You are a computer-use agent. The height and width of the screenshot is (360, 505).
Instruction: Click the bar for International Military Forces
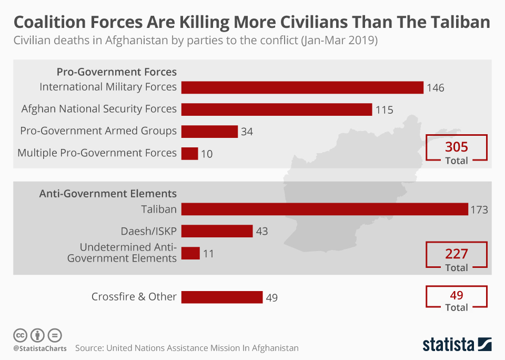(x=302, y=87)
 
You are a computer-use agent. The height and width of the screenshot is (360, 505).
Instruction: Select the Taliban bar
(x=325, y=209)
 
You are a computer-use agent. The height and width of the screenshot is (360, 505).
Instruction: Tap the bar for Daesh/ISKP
(x=217, y=231)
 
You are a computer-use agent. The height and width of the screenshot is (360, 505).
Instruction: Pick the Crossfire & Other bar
(x=221, y=297)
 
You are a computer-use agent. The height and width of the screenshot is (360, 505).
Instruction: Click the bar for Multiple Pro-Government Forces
(x=189, y=153)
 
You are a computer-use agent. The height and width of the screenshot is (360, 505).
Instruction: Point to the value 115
(x=385, y=110)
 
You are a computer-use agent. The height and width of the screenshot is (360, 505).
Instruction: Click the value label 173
(x=479, y=210)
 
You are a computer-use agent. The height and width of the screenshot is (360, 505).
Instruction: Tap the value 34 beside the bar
(x=247, y=132)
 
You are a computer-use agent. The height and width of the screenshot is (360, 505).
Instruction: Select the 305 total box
(x=456, y=148)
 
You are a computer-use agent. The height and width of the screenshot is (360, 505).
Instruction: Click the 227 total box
(x=456, y=256)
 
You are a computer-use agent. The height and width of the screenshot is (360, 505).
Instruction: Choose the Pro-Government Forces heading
(x=116, y=72)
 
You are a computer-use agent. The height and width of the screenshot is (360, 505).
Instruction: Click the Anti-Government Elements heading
(x=108, y=193)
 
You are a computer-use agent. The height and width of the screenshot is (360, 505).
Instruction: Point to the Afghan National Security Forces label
(x=99, y=109)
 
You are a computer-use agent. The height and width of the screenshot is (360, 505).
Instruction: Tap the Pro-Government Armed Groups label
(x=98, y=131)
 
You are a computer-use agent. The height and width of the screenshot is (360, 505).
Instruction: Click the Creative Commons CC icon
(x=20, y=335)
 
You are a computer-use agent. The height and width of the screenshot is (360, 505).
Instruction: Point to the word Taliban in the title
(x=453, y=23)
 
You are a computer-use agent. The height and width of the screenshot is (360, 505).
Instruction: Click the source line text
(x=187, y=348)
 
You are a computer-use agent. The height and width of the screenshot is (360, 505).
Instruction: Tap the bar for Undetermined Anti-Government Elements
(x=190, y=253)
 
